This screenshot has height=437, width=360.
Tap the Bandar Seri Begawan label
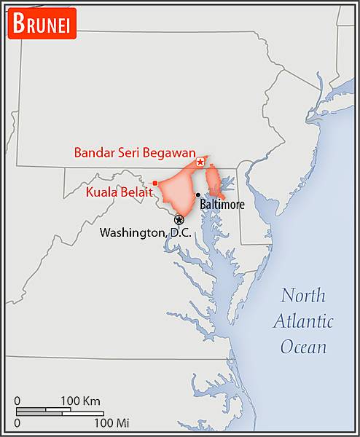tap(135, 153)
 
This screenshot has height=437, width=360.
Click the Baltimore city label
tap(222, 205)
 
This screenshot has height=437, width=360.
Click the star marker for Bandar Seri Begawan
tap(200, 162)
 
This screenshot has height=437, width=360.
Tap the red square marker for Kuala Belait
tap(155, 183)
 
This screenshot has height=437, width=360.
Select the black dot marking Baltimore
tap(198, 195)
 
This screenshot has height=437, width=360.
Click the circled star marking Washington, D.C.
tap(179, 219)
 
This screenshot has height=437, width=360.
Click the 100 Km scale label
tap(80, 401)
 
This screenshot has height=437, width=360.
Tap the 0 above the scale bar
tap(17, 401)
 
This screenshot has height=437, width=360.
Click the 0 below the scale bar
tap(17, 422)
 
